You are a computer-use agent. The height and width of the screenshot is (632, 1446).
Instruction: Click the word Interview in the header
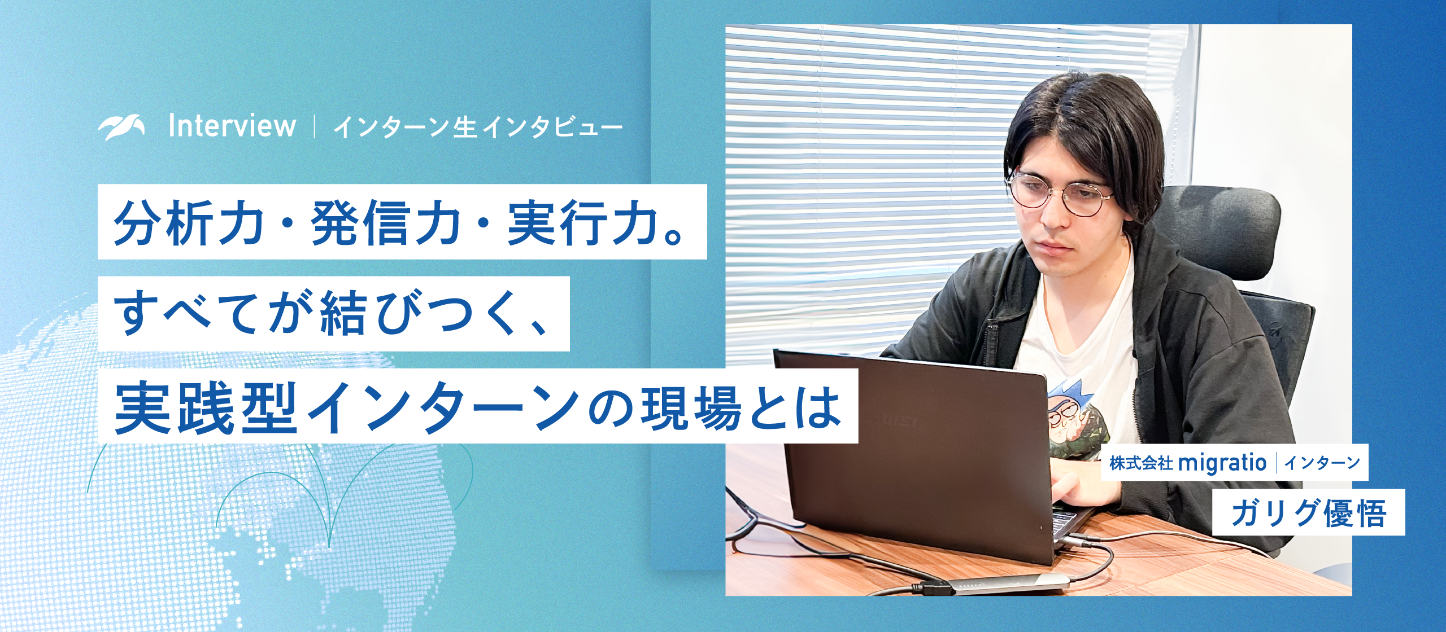coord(232,126)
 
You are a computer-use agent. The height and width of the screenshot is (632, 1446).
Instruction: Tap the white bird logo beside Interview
coord(121,127)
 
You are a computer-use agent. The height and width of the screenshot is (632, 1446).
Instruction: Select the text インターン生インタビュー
coord(478,128)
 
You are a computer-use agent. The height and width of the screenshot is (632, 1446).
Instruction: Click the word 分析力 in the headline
coord(189,222)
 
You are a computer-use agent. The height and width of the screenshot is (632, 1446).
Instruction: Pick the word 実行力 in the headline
coord(582,222)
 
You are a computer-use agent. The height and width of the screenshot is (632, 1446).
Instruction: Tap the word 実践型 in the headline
coord(206,407)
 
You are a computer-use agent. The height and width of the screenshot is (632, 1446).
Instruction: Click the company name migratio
coord(1222,463)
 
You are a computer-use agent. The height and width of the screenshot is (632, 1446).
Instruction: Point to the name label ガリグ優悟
coord(1308,513)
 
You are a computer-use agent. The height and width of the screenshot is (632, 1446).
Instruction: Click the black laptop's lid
coord(915,451)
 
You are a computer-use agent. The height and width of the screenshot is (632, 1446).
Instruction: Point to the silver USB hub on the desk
coord(1011,584)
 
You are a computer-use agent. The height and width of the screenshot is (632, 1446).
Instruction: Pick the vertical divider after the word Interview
coord(314,126)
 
